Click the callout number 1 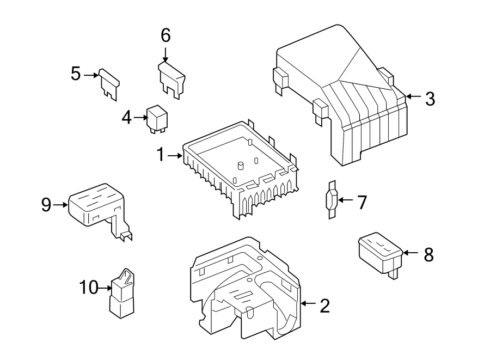tap(161, 156)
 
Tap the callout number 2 tap(324, 306)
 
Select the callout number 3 tap(430, 99)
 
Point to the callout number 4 tap(126, 117)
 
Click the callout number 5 tap(76, 74)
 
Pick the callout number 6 tap(166, 35)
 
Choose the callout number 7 tap(362, 203)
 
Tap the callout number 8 tap(429, 254)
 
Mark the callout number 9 tap(46, 205)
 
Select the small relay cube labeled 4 tap(157, 118)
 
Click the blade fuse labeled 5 tap(109, 84)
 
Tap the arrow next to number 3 tap(413, 96)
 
